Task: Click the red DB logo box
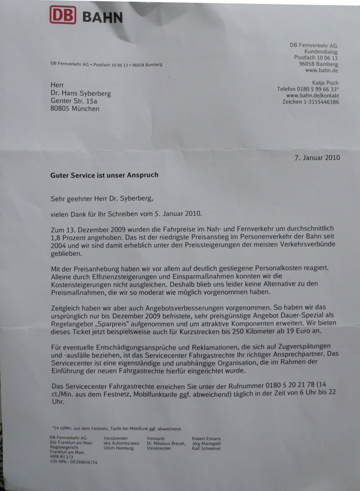coord(62,15)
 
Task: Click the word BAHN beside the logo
coord(103,17)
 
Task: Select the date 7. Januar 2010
coord(317,157)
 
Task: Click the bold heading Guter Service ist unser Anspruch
coord(104,174)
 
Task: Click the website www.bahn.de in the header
coord(321,70)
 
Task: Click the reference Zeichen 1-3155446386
coord(310,102)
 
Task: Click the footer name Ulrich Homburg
coord(119,448)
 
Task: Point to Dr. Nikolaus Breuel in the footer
coord(165,444)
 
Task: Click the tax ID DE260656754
coord(83,462)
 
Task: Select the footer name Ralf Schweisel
coord(207,448)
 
